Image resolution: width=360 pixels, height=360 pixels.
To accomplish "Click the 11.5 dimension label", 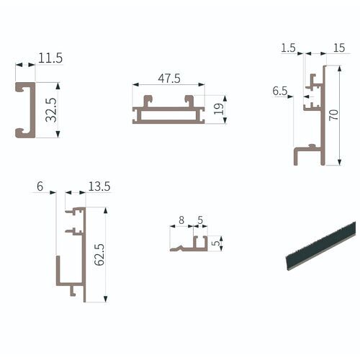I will click(50, 55).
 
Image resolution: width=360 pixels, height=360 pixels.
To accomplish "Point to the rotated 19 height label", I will click(220, 109).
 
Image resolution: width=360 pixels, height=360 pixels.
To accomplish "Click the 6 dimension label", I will click(40, 186).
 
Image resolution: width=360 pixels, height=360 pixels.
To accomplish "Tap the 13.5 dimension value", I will click(99, 186).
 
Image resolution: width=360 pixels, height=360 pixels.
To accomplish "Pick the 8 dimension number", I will click(181, 220).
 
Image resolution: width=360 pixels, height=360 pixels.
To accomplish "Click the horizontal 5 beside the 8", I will click(199, 220).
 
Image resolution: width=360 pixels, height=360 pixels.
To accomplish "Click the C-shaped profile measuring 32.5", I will click(22, 108).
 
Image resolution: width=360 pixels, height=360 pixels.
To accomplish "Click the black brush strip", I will click(318, 245).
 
